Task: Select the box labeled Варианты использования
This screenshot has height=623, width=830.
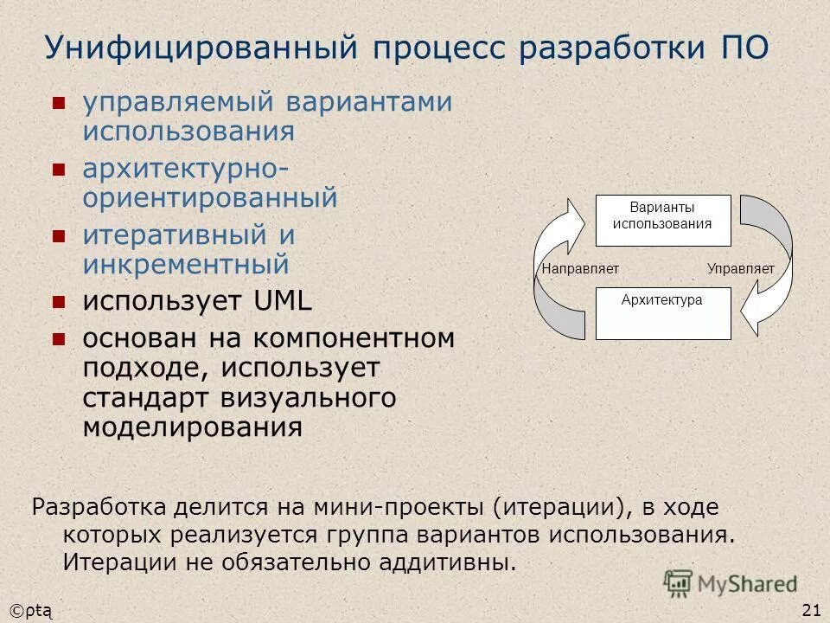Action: coord(662,221)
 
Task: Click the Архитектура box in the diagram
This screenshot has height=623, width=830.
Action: coord(662,312)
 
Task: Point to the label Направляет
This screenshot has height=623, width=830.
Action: coord(580,269)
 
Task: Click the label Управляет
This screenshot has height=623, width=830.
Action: coord(740,269)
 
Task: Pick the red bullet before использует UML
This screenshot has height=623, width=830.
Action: coord(59,302)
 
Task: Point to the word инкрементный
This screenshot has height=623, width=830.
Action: coord(186,264)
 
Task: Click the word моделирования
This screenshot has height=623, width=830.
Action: coord(193,427)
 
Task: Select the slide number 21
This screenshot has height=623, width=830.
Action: coord(811,611)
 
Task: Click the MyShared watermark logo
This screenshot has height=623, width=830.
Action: coord(731,584)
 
